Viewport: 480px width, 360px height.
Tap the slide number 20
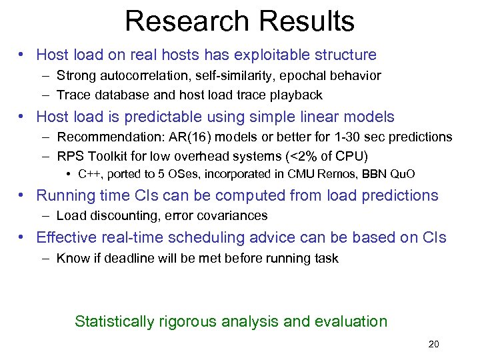point(433,345)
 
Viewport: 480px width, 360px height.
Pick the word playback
point(297,95)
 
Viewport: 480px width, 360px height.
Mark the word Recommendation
point(103,137)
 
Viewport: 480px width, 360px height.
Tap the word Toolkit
point(109,157)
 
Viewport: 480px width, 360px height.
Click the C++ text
point(89,175)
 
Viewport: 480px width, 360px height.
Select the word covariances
point(235,215)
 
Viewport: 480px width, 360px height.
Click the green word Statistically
point(114,321)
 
